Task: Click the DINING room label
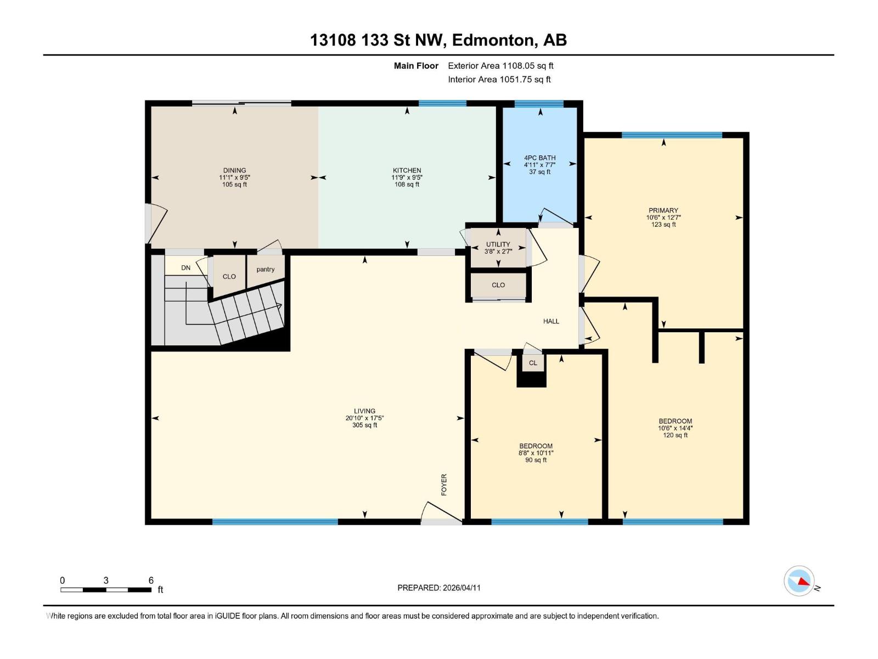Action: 234,170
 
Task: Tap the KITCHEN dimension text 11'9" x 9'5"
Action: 407,177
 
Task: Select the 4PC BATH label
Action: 539,158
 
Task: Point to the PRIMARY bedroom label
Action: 663,210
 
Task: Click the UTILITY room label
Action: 498,244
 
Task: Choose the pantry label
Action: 265,269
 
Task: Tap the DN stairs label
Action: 186,268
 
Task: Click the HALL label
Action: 551,321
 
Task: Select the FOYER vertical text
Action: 444,484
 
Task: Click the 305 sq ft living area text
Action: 364,425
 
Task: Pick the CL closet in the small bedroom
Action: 533,363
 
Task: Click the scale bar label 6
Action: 151,580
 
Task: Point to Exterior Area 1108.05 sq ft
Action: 500,65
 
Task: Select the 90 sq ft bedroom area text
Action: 536,460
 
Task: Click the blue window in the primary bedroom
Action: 672,135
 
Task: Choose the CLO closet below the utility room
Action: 498,285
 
